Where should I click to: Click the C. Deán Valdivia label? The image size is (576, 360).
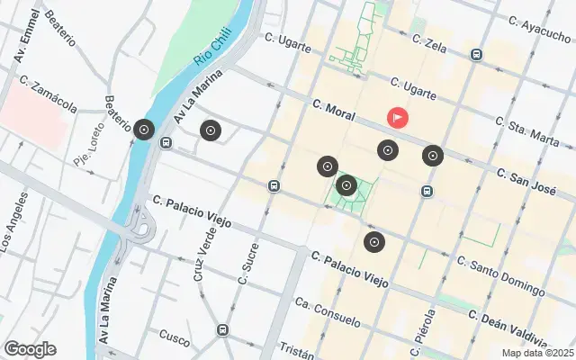point(507,325)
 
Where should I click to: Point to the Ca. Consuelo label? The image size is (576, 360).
point(328,311)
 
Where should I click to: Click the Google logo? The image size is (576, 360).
point(30,349)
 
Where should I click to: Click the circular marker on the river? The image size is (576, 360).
point(143,130)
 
